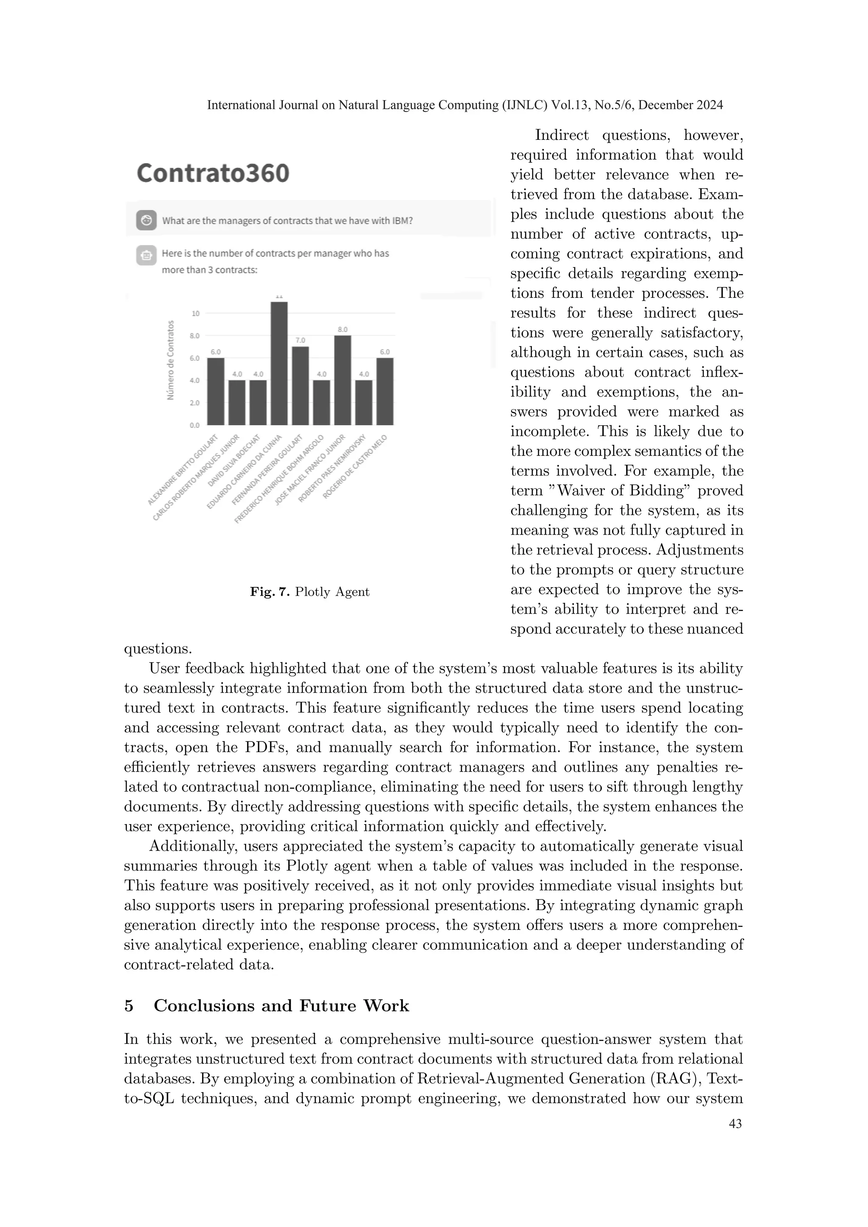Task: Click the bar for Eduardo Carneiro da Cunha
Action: [x=279, y=364]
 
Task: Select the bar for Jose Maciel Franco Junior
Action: [x=342, y=380]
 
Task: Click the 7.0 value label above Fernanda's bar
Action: [x=300, y=340]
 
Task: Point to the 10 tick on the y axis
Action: [x=196, y=313]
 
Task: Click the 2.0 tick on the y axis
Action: [x=195, y=403]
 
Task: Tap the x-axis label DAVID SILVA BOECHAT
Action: [x=234, y=460]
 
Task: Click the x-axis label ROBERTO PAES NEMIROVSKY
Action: [x=331, y=469]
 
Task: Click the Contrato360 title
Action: [x=213, y=173]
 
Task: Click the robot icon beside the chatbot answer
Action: [x=146, y=255]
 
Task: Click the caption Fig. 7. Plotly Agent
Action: [x=309, y=591]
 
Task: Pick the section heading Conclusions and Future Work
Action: [x=281, y=1006]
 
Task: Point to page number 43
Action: [x=735, y=1124]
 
